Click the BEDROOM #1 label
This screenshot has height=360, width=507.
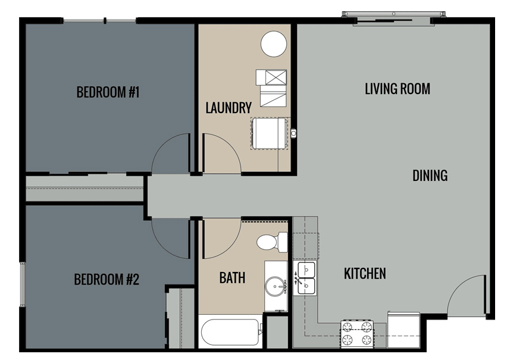pos(108,92)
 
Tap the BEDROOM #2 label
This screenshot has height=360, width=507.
pos(107,280)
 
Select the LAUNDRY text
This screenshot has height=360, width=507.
pos(229,108)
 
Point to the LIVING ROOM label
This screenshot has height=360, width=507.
pos(398,89)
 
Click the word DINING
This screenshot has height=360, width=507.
pos(430,176)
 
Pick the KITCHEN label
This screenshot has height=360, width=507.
pos(365,274)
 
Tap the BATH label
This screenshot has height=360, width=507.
pos(232,278)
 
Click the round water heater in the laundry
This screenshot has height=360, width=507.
pos(274,44)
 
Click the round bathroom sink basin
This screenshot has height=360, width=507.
pos(276,286)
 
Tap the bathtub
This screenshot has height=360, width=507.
pos(230,331)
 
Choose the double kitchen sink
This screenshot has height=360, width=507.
pos(305,278)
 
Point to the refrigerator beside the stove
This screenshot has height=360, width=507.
pos(403,330)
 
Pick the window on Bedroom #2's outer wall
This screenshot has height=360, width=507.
pos(22,284)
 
